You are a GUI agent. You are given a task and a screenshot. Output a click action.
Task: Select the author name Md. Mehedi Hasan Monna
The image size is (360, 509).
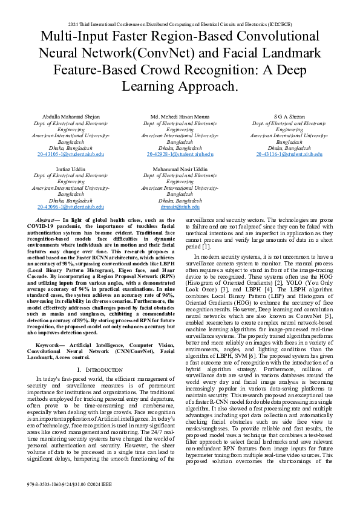click(x=180, y=116)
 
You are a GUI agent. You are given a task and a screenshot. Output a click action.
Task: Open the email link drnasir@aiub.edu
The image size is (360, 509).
click(x=180, y=207)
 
